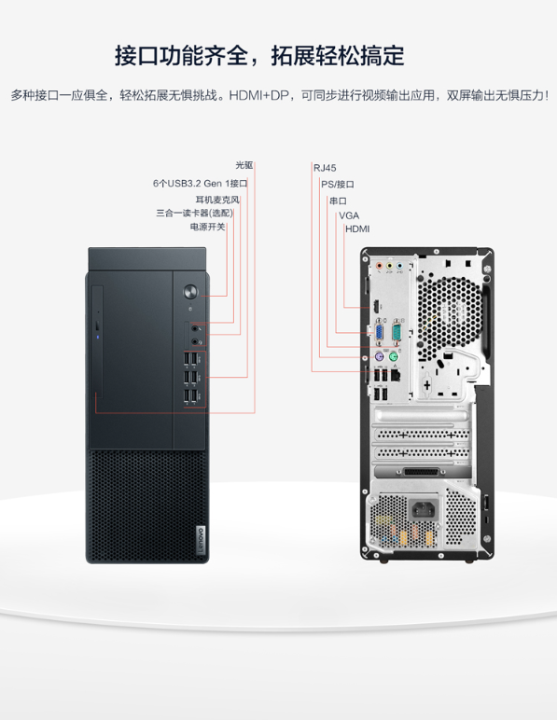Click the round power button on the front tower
point(190,292)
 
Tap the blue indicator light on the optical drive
point(98,338)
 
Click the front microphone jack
point(195,328)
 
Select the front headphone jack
point(195,341)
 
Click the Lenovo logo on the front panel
point(201,539)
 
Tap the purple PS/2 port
point(380,357)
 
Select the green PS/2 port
point(394,357)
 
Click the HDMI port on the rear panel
point(376,307)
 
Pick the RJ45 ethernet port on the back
point(396,375)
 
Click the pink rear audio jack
point(380,266)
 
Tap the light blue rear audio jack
point(399,266)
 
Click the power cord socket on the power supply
point(424,509)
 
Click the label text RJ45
point(325,168)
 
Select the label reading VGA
point(349,215)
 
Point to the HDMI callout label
point(357,229)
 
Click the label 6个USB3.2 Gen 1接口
point(201,184)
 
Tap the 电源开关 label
point(207,227)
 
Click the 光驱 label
point(244,165)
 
